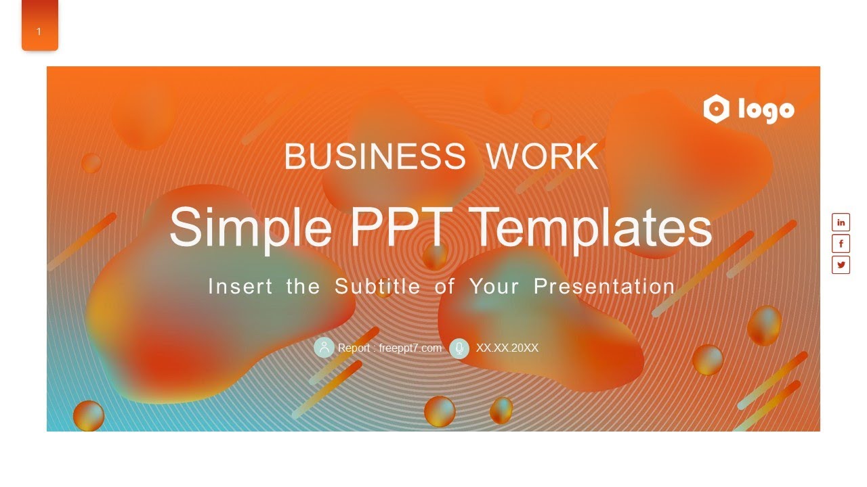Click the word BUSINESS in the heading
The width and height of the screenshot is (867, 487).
coord(375,157)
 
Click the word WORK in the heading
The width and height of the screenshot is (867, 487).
coord(542,157)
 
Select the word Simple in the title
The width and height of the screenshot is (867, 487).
coord(250,227)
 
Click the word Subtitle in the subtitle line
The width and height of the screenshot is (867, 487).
coord(377,286)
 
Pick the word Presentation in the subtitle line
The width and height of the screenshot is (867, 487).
coord(604,286)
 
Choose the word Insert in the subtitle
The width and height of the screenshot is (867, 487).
coord(240,286)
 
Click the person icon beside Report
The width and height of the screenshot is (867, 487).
coord(324,348)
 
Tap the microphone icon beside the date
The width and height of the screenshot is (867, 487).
coord(459,348)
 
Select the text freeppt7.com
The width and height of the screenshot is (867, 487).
coord(410,348)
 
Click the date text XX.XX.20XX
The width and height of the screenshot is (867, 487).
coord(507,348)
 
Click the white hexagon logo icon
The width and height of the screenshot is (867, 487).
coord(716,109)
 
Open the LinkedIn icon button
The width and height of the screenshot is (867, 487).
coord(841,222)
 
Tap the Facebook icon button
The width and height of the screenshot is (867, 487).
coord(841,243)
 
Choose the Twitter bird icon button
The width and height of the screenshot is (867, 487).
coord(841,264)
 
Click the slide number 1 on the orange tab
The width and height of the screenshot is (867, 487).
coord(39,31)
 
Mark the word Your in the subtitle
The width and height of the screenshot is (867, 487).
coord(494,286)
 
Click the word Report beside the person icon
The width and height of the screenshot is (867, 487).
coord(354,348)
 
